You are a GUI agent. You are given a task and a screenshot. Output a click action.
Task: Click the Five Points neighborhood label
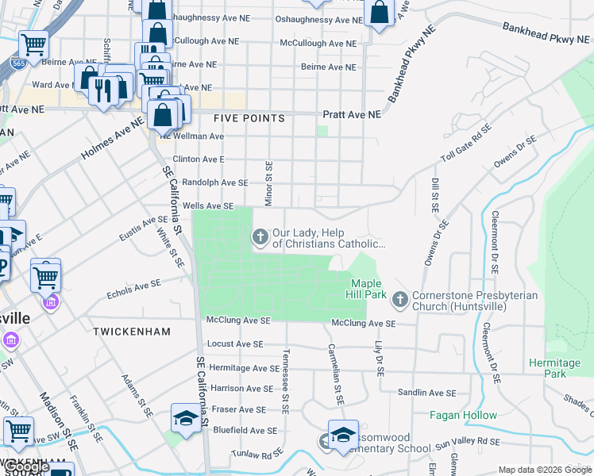click(x=249, y=118)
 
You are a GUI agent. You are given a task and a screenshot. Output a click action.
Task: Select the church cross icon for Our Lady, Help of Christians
click(x=260, y=236)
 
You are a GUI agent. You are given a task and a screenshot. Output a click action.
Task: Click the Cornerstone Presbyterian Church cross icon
click(x=399, y=300)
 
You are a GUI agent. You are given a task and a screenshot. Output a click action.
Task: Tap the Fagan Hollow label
click(x=463, y=415)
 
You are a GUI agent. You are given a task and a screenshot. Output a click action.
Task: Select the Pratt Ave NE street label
click(x=351, y=114)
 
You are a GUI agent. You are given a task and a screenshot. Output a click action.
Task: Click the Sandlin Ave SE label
click(x=428, y=393)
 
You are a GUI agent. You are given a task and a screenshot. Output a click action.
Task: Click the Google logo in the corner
click(x=27, y=467)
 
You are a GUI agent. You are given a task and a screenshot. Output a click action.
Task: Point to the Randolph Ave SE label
click(x=215, y=182)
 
